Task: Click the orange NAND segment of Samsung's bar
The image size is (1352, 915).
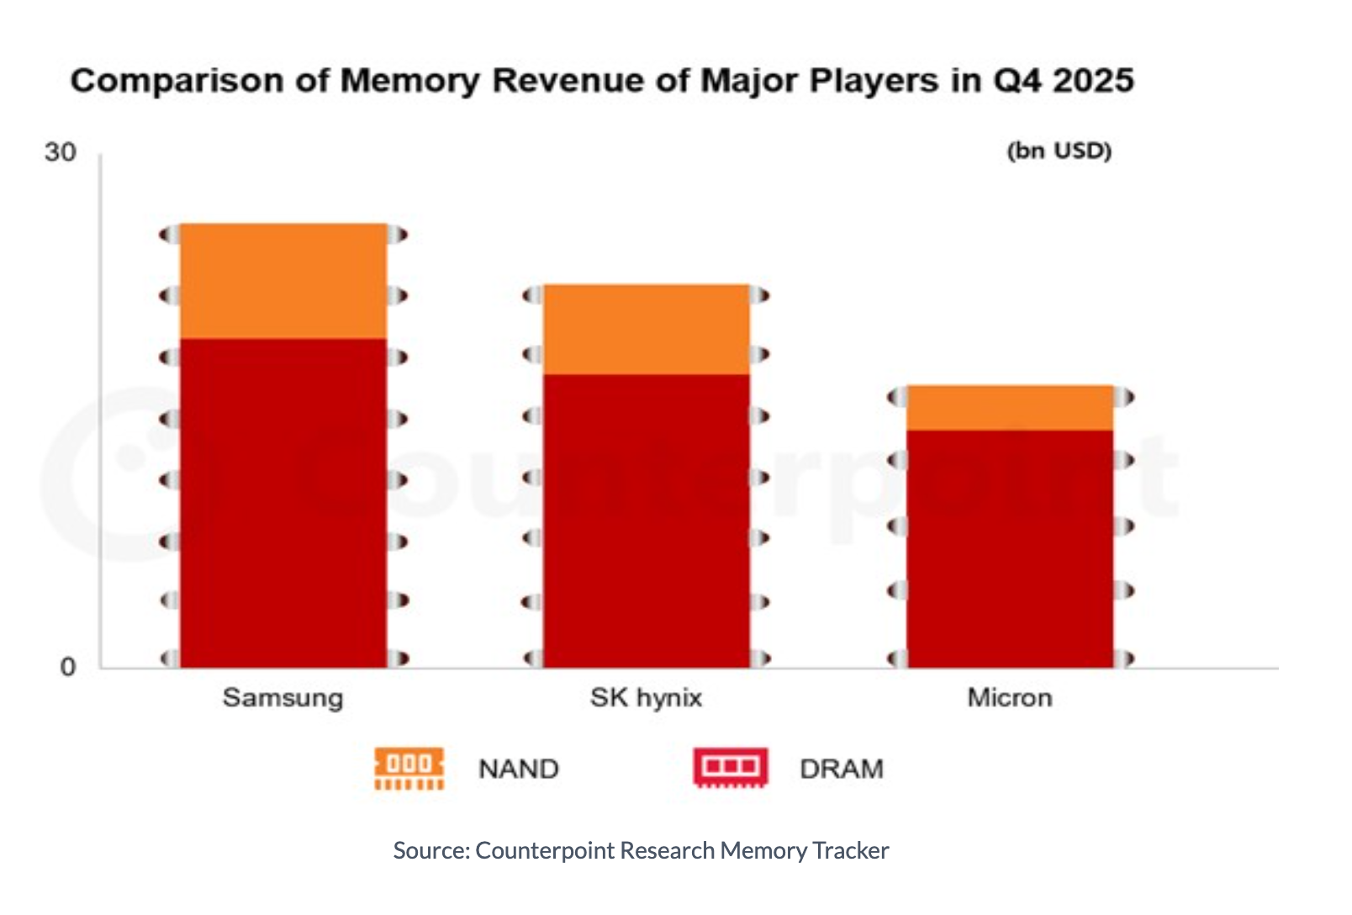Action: pyautogui.click(x=283, y=281)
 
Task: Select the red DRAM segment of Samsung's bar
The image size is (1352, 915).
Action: pyautogui.click(x=283, y=503)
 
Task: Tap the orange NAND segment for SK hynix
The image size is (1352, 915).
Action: pyautogui.click(x=646, y=329)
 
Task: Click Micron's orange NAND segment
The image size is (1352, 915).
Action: pyautogui.click(x=1009, y=408)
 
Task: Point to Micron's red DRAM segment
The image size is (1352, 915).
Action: pyautogui.click(x=1009, y=548)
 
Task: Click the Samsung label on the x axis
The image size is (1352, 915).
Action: pyautogui.click(x=283, y=697)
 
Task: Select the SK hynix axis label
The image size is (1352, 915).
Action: pyautogui.click(x=646, y=697)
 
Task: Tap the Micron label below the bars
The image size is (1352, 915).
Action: pyautogui.click(x=1009, y=697)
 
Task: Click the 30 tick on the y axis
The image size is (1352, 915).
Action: pyautogui.click(x=60, y=152)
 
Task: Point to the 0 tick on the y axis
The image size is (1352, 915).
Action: pyautogui.click(x=68, y=667)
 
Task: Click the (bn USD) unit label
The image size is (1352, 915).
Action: pyautogui.click(x=1059, y=151)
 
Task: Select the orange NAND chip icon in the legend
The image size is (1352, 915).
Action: pyautogui.click(x=409, y=769)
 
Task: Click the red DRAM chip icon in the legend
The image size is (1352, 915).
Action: pyautogui.click(x=731, y=768)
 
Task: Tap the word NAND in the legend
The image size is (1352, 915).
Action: pyautogui.click(x=518, y=769)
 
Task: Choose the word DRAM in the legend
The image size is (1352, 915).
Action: pyautogui.click(x=841, y=769)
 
